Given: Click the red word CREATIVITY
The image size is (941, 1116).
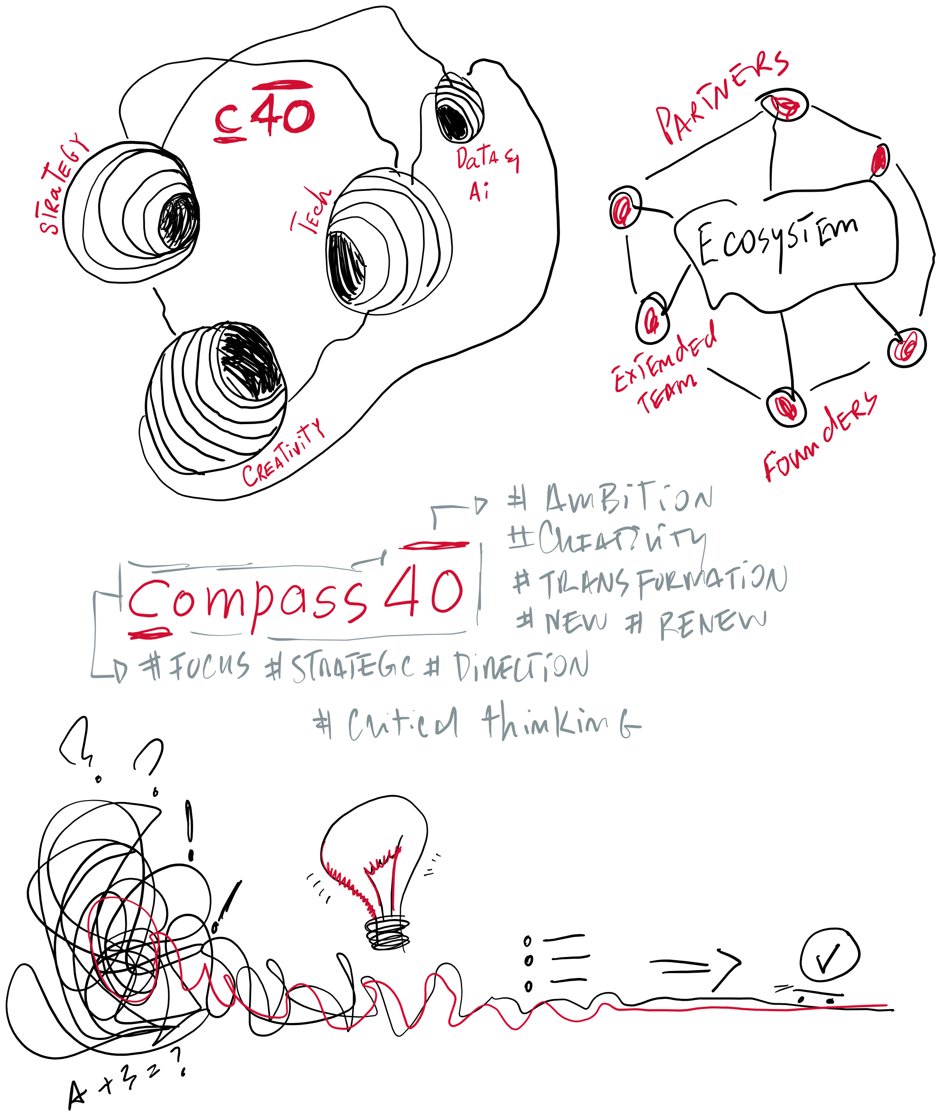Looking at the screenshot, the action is pyautogui.click(x=283, y=454).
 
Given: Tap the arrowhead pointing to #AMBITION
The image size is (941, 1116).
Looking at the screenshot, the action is pyautogui.click(x=481, y=504).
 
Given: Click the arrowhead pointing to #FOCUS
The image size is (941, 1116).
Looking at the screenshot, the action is pyautogui.click(x=121, y=670).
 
